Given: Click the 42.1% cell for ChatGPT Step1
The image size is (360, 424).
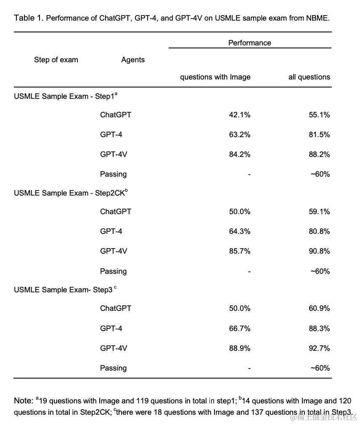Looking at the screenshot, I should (x=239, y=115).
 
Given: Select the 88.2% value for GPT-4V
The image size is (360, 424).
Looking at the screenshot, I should (x=319, y=154).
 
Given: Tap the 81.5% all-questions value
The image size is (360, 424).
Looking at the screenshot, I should (x=319, y=135).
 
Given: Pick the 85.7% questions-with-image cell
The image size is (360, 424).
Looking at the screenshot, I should (x=239, y=251).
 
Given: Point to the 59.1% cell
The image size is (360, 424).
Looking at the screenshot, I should (x=319, y=212).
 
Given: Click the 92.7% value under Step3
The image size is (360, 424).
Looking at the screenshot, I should (x=319, y=348).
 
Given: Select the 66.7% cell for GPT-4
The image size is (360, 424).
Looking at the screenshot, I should (x=239, y=329).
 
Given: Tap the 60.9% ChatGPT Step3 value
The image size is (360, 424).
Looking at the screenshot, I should (x=319, y=308).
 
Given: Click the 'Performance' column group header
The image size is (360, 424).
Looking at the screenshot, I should (x=249, y=43).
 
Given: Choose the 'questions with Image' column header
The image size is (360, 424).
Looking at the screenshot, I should (x=215, y=77).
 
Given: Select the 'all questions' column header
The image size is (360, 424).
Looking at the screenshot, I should (x=309, y=77).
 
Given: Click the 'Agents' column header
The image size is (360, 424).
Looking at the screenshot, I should (x=133, y=60).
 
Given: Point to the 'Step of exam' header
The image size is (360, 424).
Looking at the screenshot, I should (x=56, y=60).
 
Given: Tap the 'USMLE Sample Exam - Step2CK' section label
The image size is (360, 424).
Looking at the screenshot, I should (x=69, y=193).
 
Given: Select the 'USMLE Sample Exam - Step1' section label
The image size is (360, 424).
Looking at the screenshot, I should (x=64, y=97).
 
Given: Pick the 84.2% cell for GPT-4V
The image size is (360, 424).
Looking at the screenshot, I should (x=239, y=154).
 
